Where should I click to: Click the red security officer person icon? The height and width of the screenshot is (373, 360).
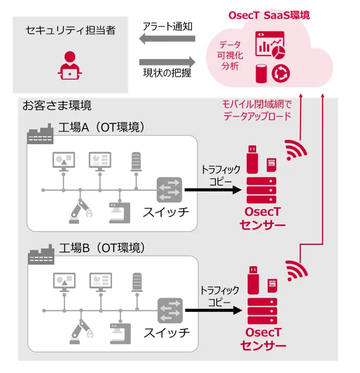click(70, 64)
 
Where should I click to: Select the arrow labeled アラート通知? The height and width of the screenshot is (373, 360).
click(167, 39)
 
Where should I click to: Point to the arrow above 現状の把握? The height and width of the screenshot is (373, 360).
click(167, 62)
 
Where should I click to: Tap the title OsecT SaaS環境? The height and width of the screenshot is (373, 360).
click(269, 15)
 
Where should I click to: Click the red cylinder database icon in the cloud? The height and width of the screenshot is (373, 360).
click(262, 73)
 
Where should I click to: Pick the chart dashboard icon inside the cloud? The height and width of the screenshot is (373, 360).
click(270, 45)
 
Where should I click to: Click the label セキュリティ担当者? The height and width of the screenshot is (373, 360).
click(70, 31)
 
